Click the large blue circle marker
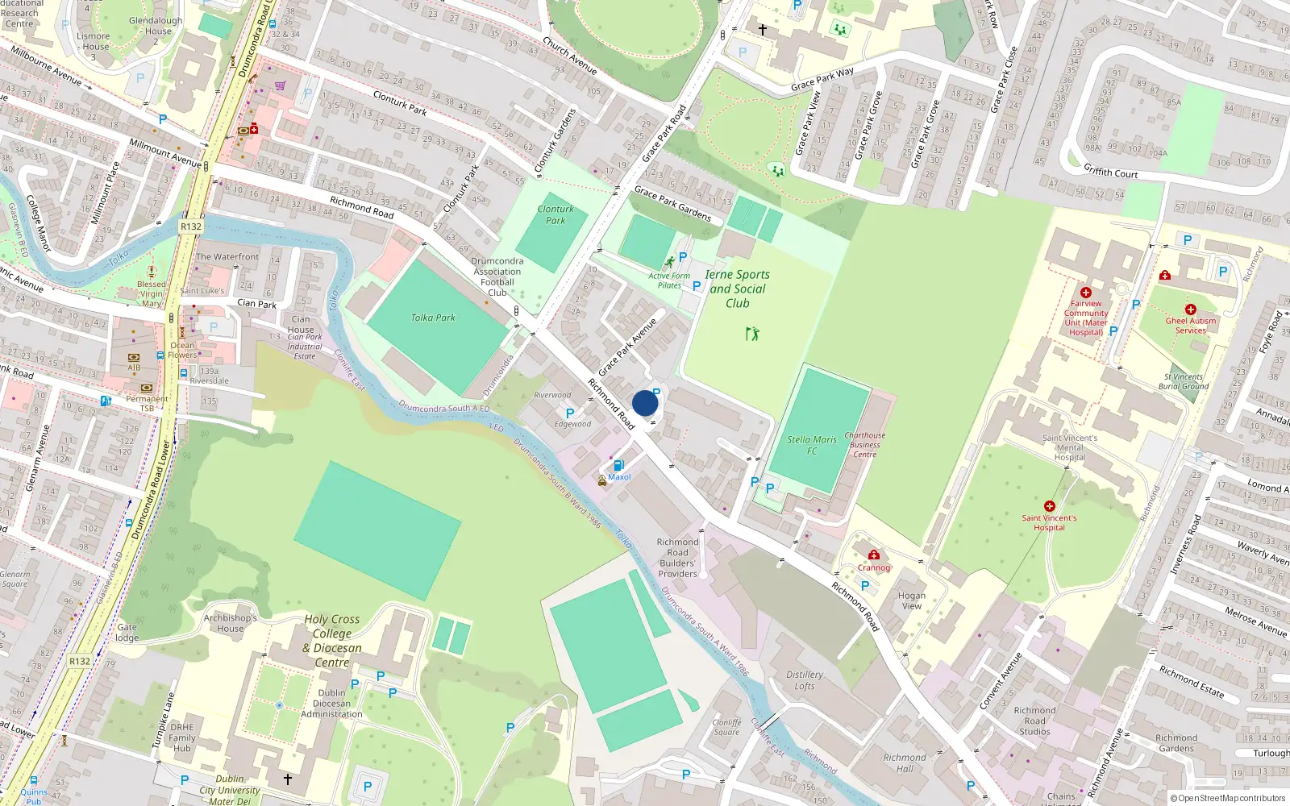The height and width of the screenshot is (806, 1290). pos(645,403)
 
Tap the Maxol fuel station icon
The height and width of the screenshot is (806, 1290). pos(618,465)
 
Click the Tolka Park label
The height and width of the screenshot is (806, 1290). pos(433,318)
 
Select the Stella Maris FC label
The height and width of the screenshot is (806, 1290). pos(812,445)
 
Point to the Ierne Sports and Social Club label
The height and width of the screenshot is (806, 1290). pos(737,289)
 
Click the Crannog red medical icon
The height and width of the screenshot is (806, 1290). pos(874,555)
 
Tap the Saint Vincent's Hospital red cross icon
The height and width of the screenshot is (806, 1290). pos(1049,506)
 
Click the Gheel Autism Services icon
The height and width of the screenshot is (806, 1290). pos(1190,310)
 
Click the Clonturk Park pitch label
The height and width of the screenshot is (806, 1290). pos(556,214)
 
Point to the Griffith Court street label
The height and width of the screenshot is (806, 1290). pos(1110,172)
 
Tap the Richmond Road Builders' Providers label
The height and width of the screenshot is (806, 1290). pos(677,558)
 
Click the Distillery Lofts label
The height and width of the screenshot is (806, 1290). pos(805,680)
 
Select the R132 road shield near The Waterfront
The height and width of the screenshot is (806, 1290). pos(191,226)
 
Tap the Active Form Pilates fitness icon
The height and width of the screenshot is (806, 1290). pos(669,263)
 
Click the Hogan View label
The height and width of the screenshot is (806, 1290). pos(911,600)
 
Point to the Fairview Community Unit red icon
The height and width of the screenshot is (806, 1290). pos(1086,293)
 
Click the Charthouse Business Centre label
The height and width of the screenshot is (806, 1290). pos(864,445)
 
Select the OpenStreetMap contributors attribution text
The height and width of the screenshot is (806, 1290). pos(1228,798)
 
